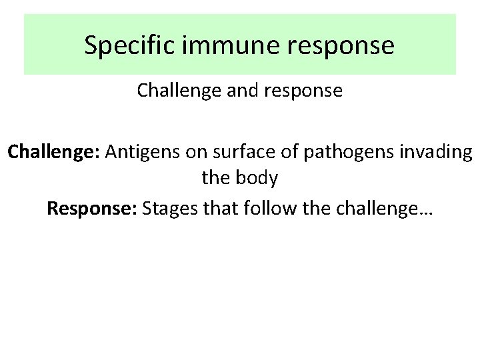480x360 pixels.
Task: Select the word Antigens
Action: tap(143, 153)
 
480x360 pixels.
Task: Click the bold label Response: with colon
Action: tap(92, 209)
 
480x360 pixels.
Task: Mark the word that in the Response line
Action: tap(223, 209)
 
